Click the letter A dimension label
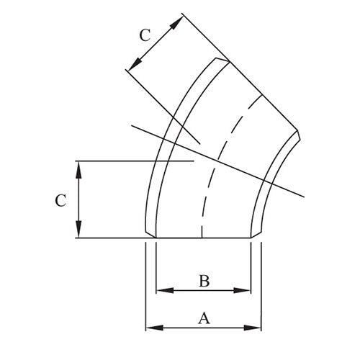point(204,318)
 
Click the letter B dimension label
point(204,281)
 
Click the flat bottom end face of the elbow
point(204,238)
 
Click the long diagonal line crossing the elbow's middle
point(238,166)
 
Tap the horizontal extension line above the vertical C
point(130,161)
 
